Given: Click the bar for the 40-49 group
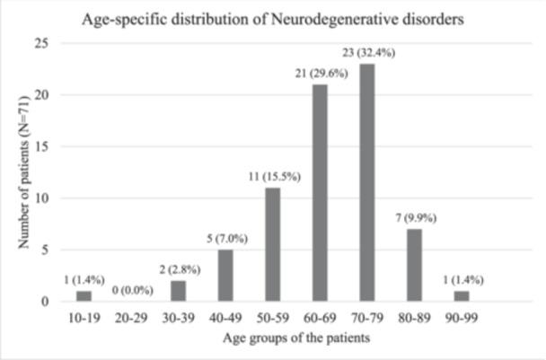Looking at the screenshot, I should (225, 275).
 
